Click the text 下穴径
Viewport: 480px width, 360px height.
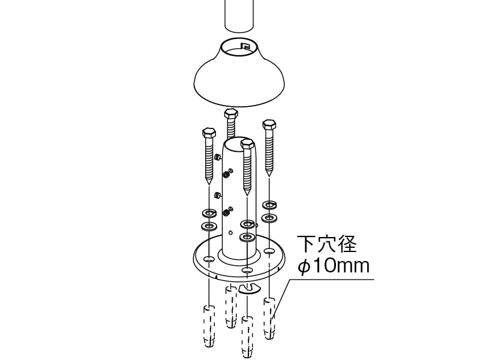[x=327, y=244]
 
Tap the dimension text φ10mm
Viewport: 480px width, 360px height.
[x=334, y=266]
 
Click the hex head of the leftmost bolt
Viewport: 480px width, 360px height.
[x=209, y=133]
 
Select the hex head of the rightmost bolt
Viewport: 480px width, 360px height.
[x=269, y=124]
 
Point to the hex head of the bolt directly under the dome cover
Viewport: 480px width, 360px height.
[x=231, y=113]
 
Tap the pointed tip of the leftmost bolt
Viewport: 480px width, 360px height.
[x=209, y=183]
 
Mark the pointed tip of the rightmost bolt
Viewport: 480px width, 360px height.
[x=269, y=175]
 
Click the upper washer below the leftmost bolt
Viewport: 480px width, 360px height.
[x=209, y=212]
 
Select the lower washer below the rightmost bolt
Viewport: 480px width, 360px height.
[x=269, y=218]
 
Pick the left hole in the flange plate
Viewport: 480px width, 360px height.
[x=209, y=259]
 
